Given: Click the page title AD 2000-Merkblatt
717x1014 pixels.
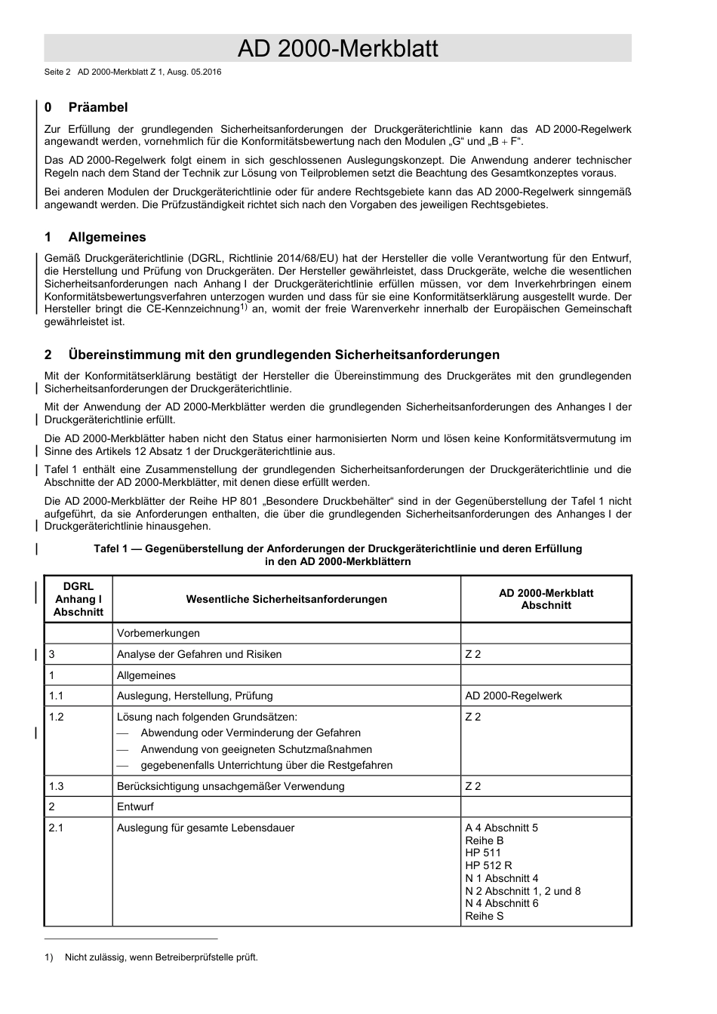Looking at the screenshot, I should (337, 49).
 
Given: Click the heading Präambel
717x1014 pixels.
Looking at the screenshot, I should (98, 107).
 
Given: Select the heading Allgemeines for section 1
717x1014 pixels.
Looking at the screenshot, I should (107, 237).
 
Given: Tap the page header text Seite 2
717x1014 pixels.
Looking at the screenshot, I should (57, 72).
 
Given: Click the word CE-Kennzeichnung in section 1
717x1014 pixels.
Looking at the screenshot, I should (193, 309).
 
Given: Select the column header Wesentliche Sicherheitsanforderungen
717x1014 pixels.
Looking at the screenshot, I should (286, 599).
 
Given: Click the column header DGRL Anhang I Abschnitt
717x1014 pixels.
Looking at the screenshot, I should (78, 599).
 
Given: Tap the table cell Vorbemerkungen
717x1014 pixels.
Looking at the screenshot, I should (158, 633).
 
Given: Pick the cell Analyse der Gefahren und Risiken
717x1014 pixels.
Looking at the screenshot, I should (199, 654).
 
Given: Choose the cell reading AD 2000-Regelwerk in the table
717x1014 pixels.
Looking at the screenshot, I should (513, 696).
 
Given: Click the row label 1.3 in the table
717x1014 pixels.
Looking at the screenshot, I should (57, 786).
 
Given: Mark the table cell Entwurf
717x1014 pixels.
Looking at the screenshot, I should (135, 807).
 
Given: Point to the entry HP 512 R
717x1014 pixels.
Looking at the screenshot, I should (488, 865).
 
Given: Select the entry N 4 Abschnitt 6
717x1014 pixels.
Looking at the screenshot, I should (502, 903).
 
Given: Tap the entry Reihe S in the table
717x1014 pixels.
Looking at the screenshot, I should (485, 916).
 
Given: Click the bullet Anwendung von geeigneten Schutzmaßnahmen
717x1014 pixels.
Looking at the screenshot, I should (256, 749).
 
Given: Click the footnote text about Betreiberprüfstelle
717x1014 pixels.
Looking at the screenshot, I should (161, 957).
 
